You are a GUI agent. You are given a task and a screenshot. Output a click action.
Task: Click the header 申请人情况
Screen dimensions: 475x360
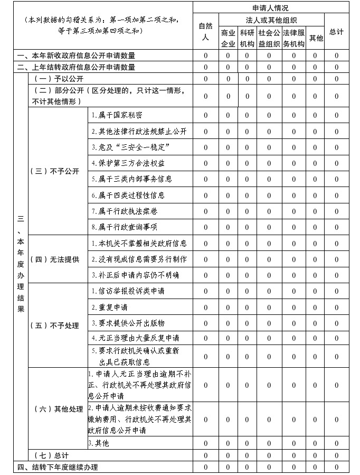270,8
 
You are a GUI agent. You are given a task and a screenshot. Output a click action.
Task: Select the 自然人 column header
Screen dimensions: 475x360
205,32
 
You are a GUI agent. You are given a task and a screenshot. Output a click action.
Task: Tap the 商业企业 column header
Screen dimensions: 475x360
228,38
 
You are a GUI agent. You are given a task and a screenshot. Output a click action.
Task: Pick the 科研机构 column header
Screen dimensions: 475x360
247,38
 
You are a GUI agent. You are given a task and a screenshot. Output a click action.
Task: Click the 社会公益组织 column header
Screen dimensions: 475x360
269,38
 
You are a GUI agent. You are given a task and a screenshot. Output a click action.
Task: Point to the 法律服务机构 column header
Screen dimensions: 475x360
294,38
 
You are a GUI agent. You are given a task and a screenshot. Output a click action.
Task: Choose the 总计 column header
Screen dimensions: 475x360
336,32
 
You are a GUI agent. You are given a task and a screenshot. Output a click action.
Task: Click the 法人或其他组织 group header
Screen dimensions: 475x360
271,20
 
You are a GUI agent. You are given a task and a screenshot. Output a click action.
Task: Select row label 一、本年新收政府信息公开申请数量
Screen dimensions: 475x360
76,55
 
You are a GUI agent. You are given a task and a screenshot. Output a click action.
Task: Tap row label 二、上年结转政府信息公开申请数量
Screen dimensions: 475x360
76,67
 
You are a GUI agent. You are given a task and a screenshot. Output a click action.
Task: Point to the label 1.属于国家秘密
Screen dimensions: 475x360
117,115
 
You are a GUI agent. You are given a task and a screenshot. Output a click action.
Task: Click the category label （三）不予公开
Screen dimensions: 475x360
55,171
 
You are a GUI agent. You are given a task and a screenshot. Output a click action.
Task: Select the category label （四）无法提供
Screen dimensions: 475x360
55,259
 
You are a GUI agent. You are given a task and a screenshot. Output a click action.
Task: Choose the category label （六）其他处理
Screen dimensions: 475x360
58,409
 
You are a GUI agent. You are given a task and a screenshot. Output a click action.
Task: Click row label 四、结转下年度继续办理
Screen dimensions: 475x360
58,467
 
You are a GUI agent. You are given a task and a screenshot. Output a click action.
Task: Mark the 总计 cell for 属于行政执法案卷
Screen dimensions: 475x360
336,211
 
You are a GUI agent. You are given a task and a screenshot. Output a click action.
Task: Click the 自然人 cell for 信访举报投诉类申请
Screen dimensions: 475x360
205,291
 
